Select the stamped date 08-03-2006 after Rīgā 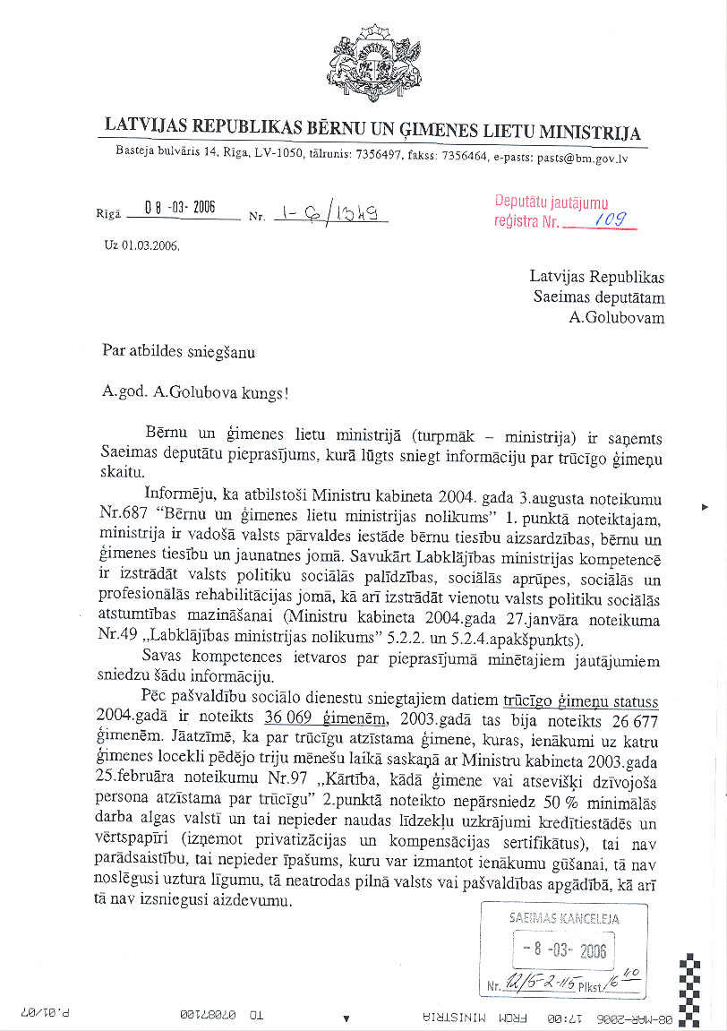pos(178,209)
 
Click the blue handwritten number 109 pos(612,219)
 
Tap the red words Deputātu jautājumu pos(551,202)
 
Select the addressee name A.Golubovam pos(617,317)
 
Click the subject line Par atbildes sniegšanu pos(179,352)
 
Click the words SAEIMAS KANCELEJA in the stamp pos(564,918)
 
